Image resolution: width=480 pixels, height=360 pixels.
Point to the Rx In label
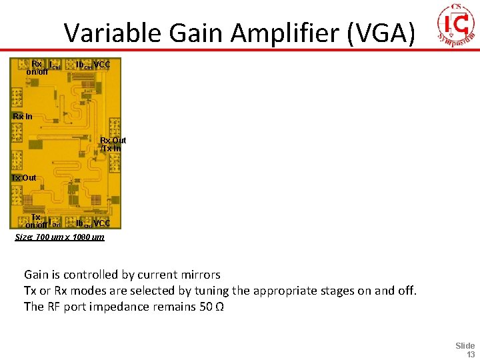point(23,117)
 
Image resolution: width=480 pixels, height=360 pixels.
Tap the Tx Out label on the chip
point(23,178)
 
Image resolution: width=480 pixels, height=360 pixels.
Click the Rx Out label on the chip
point(113,141)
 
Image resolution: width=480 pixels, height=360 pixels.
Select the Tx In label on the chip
point(111,148)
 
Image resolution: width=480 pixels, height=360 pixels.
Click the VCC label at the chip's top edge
point(102,65)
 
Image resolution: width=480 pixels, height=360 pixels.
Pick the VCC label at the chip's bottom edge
point(102,223)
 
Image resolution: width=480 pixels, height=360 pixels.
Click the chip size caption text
point(59,237)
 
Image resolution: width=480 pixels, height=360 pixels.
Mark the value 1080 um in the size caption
point(88,237)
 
